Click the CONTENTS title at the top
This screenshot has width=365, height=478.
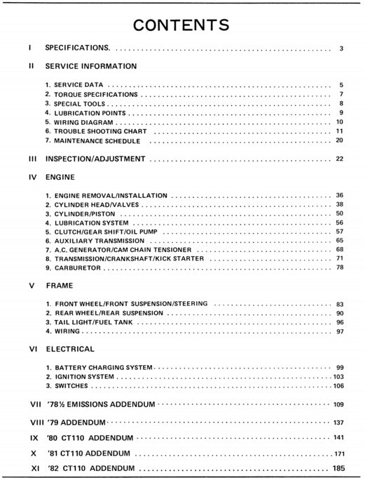pos(181,25)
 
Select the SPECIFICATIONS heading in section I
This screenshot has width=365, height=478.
pos(77,48)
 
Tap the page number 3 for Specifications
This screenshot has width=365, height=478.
pos(340,48)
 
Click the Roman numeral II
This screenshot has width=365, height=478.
pos(32,66)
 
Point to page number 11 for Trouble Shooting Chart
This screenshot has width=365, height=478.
pos(339,131)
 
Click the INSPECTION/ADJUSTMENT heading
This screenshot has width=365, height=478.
pos(95,159)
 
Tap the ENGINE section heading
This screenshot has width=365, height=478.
pos(60,178)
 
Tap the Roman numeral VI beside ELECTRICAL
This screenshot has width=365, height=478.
pos(32,349)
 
